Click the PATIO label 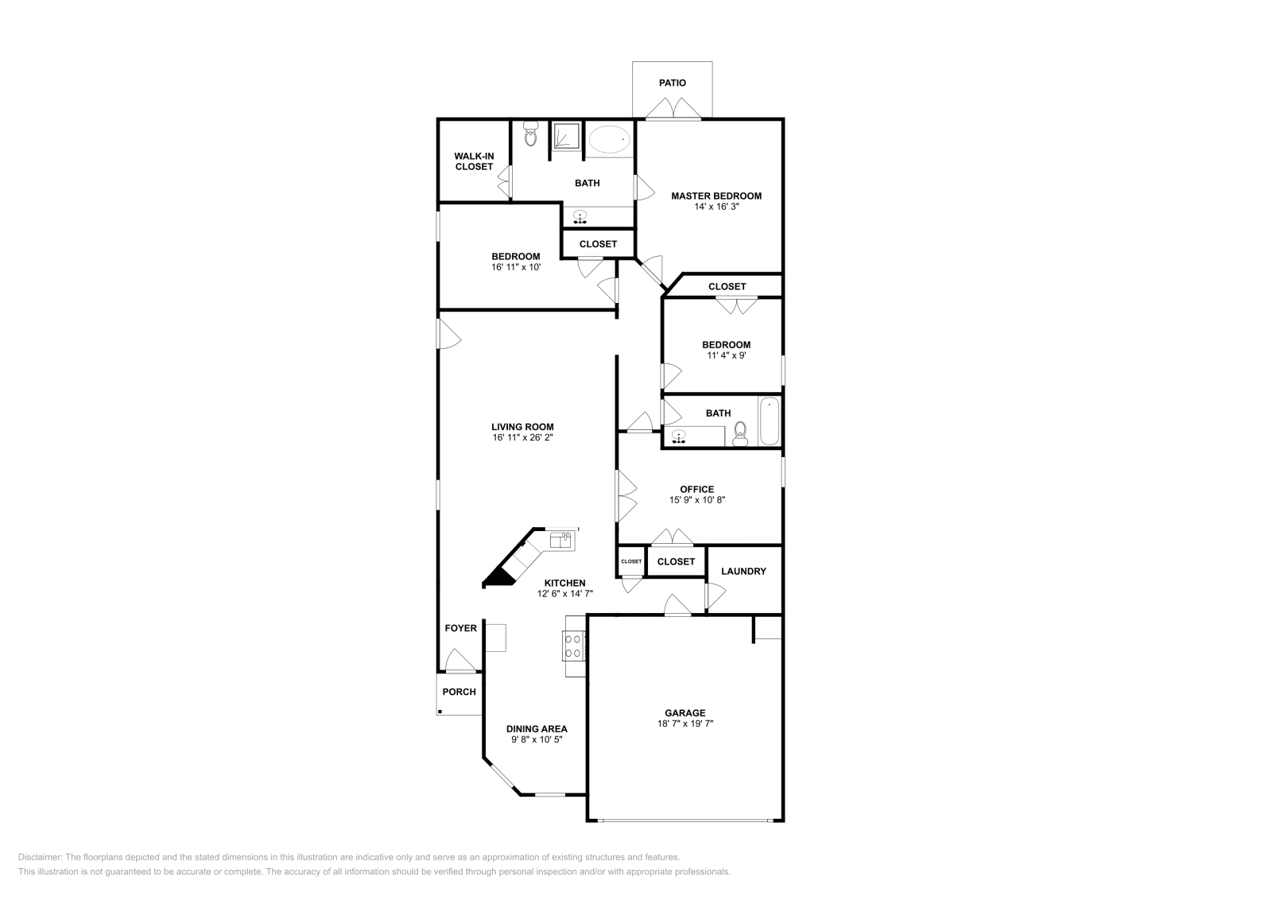(x=672, y=83)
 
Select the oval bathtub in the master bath (x=609, y=140)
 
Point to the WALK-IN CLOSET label (x=474, y=161)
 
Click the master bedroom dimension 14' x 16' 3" (x=715, y=207)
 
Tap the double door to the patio (x=673, y=110)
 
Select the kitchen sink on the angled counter (x=560, y=540)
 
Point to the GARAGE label (x=684, y=713)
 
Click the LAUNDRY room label (x=743, y=571)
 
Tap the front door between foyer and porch (x=460, y=661)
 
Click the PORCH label (x=459, y=692)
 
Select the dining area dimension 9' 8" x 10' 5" (x=537, y=739)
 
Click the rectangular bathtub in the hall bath (x=769, y=422)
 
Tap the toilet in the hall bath (x=740, y=433)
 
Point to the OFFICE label (x=696, y=489)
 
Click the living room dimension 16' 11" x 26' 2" (x=522, y=437)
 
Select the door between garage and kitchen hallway (x=677, y=606)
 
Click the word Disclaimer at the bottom (x=39, y=857)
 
